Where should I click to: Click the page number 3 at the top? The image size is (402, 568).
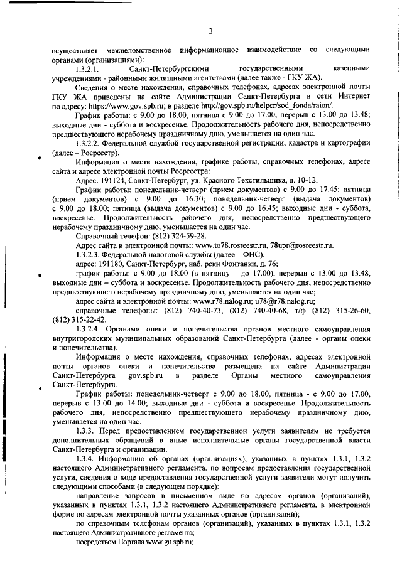click(211, 31)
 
